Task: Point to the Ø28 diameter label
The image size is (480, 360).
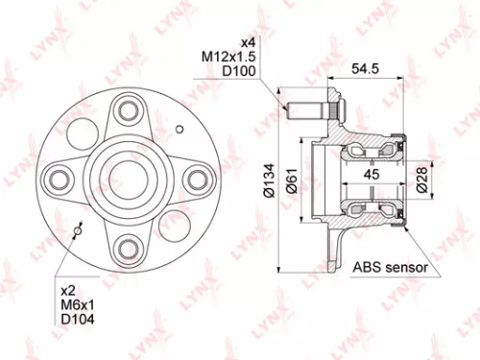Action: pos(423,180)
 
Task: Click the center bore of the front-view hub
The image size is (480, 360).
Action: pos(125,178)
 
